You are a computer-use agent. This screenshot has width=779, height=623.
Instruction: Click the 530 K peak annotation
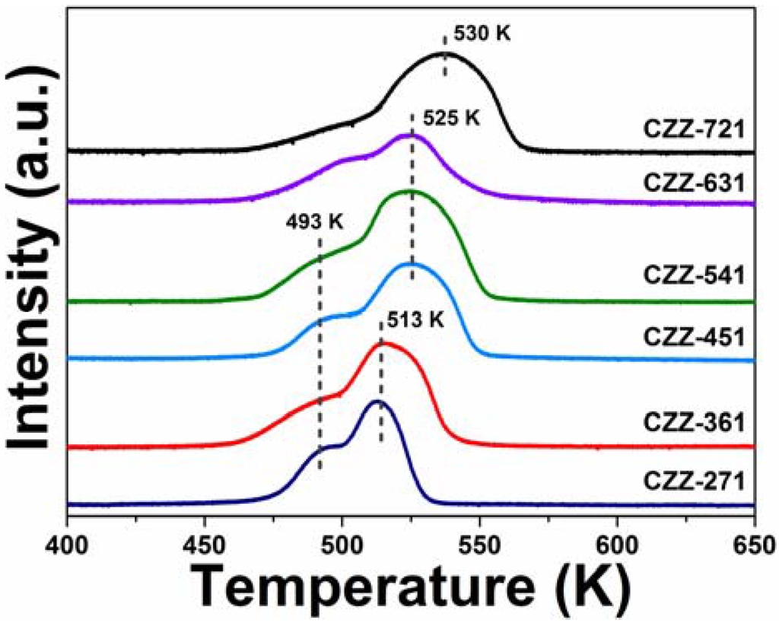478,34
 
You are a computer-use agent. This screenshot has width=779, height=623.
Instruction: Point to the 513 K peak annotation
415,321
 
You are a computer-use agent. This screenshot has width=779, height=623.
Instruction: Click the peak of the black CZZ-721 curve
446,53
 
